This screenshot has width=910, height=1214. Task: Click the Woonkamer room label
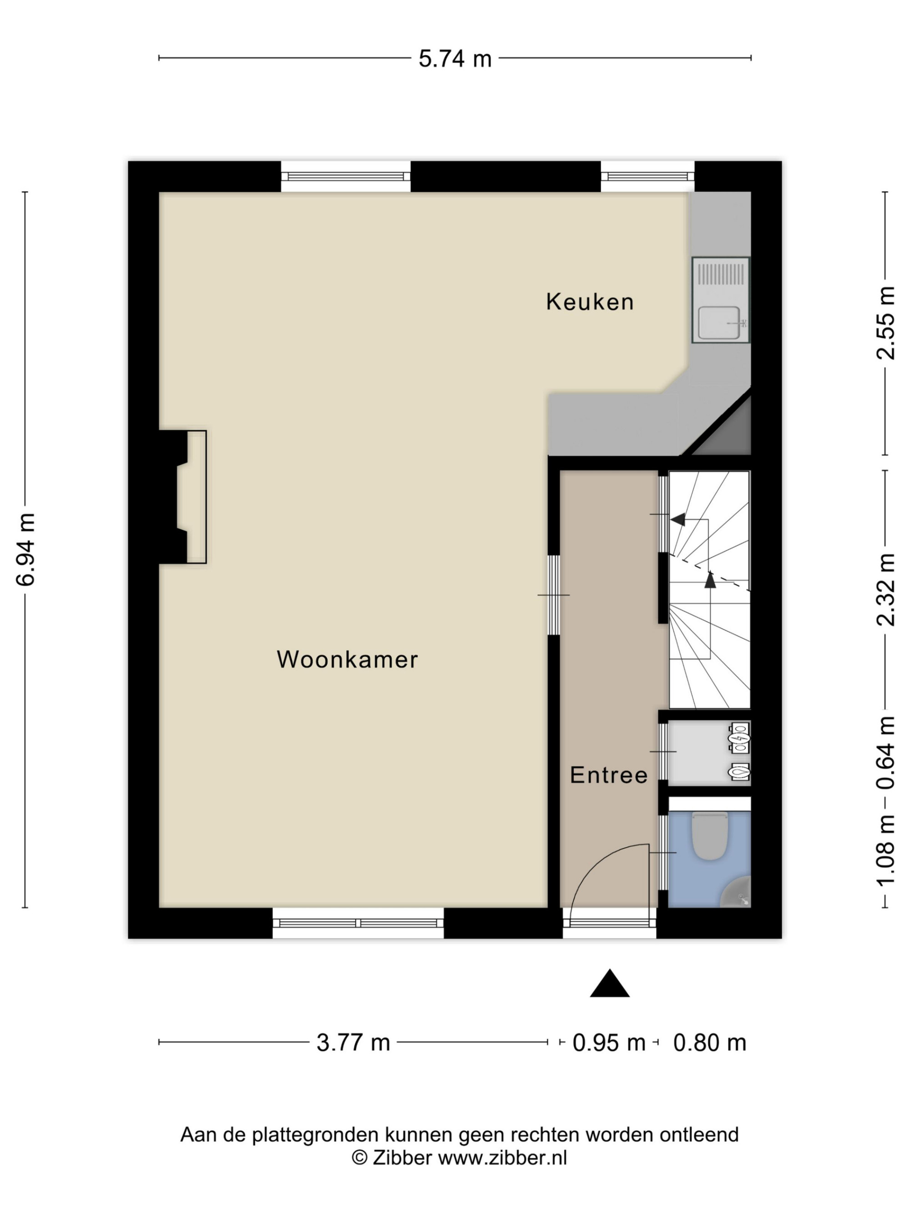tap(347, 659)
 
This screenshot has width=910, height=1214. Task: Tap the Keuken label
tap(590, 302)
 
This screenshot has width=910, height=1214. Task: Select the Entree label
tap(609, 775)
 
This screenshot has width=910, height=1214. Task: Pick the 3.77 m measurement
tap(353, 1042)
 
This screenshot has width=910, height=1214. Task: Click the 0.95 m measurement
tap(609, 1042)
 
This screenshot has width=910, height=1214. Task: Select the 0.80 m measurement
tap(710, 1042)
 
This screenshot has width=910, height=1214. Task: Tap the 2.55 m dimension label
tap(885, 323)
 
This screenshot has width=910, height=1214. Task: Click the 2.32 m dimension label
tap(885, 589)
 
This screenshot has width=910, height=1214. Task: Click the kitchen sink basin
tap(718, 322)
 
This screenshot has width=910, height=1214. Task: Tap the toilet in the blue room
tap(710, 835)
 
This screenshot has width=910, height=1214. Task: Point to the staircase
tap(709, 589)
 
